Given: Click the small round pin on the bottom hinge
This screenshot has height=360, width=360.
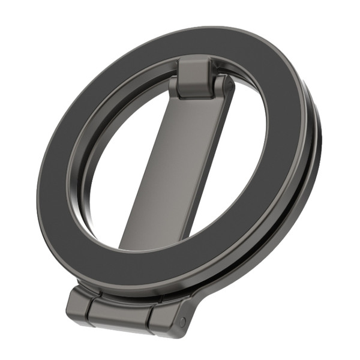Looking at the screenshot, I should (x=182, y=322).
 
